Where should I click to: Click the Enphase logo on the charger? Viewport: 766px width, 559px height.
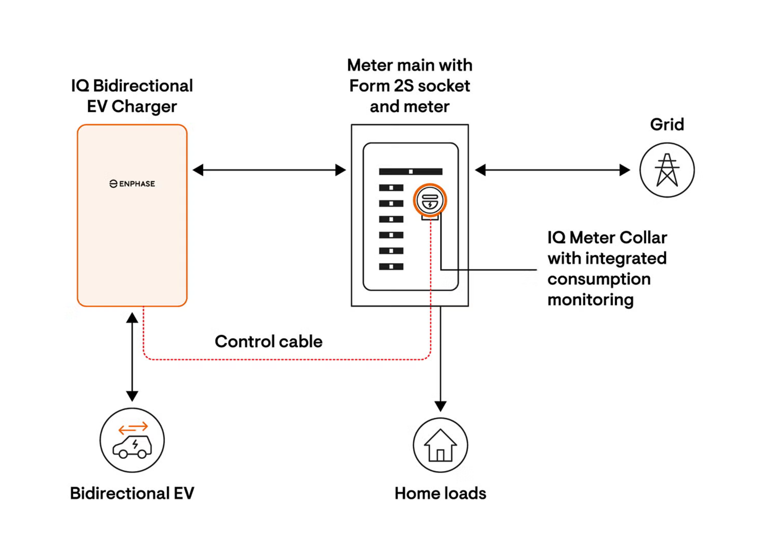tap(132, 184)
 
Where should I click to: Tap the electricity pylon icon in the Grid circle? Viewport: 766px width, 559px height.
tap(667, 170)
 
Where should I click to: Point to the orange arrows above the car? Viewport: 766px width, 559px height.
tap(133, 428)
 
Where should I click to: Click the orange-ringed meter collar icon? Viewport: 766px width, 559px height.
tap(430, 200)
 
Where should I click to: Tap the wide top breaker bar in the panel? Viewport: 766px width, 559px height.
tap(410, 172)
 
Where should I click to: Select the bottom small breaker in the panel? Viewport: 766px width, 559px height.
tap(391, 267)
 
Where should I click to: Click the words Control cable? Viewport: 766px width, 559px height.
tap(268, 341)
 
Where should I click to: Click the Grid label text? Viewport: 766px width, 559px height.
tap(667, 124)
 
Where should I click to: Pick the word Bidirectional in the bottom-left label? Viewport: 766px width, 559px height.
tap(119, 493)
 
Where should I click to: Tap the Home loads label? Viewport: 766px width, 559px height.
tap(440, 493)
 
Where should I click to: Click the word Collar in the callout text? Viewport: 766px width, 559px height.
tap(643, 238)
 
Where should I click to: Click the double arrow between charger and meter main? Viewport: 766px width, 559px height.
tap(269, 170)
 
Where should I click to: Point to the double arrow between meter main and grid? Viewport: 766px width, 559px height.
tap(552, 170)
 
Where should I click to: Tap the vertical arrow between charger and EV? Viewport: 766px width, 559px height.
tap(132, 357)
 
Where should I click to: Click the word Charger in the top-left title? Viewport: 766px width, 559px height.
tap(144, 107)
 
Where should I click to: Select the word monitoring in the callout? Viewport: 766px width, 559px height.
tap(590, 300)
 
